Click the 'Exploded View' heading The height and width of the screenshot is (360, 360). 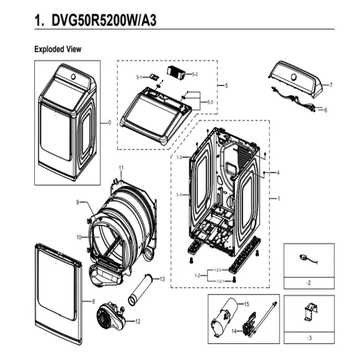tap(57, 49)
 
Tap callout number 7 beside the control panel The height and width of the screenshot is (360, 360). tap(331, 85)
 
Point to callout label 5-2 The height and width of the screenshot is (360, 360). tap(195, 74)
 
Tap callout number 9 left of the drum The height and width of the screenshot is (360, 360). tap(78, 202)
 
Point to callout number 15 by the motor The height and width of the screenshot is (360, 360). tap(246, 304)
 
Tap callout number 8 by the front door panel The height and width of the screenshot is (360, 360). tap(93, 301)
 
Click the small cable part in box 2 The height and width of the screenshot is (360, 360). tap(306, 260)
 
